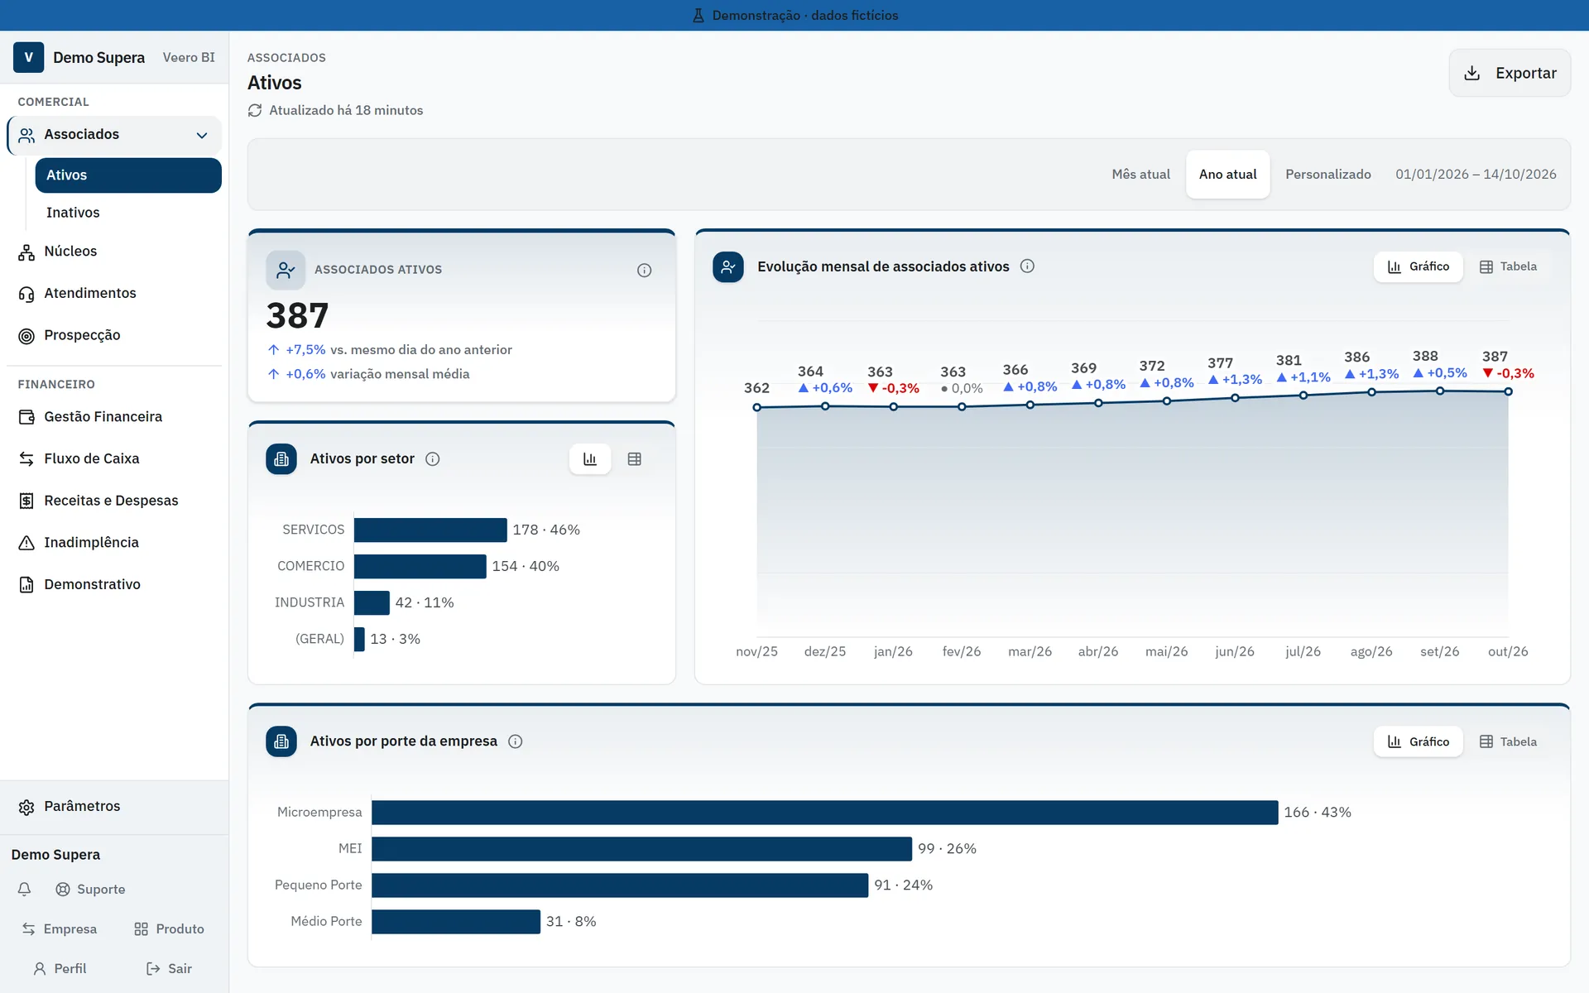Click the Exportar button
tap(1510, 73)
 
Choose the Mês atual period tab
tap(1140, 174)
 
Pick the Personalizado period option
tap(1327, 174)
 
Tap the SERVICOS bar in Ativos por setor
tap(430, 530)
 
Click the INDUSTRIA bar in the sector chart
tap(372, 602)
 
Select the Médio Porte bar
tap(456, 921)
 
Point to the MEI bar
tap(641, 848)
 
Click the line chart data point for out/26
tap(1508, 391)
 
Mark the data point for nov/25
tap(756, 407)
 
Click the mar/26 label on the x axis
tap(1030, 651)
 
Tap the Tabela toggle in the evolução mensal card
tap(1508, 266)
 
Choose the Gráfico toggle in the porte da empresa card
tap(1419, 741)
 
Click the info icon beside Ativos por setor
tap(432, 459)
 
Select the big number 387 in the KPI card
tap(297, 315)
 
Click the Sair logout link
tap(169, 968)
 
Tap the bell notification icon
tap(25, 889)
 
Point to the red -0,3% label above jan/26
tap(893, 388)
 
